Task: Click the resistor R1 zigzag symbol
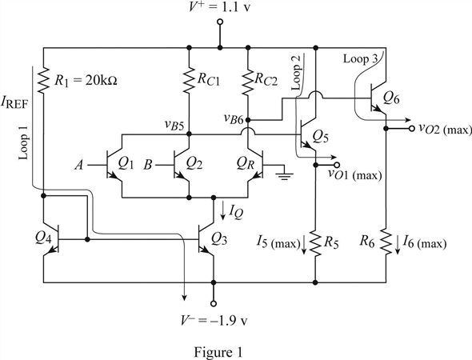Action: pyautogui.click(x=44, y=79)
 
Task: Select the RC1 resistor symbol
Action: pyautogui.click(x=189, y=79)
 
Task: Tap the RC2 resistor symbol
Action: pyautogui.click(x=248, y=82)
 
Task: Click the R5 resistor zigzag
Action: pyautogui.click(x=315, y=243)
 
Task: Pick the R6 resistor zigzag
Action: pyautogui.click(x=386, y=241)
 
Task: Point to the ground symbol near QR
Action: pyautogui.click(x=284, y=174)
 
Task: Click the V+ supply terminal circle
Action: pyautogui.click(x=220, y=22)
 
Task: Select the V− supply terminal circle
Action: pyautogui.click(x=214, y=304)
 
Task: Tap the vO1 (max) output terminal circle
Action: pyautogui.click(x=337, y=165)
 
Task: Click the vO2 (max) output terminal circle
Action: pyautogui.click(x=412, y=129)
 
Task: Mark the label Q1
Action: pyautogui.click(x=126, y=163)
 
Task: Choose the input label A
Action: pyautogui.click(x=79, y=165)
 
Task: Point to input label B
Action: pyautogui.click(x=147, y=165)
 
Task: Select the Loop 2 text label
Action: pyautogui.click(x=297, y=73)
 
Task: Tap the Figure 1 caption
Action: pyautogui.click(x=218, y=352)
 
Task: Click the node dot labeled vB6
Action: pyautogui.click(x=248, y=120)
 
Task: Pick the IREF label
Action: pyautogui.click(x=14, y=103)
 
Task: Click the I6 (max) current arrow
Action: pyautogui.click(x=398, y=245)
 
